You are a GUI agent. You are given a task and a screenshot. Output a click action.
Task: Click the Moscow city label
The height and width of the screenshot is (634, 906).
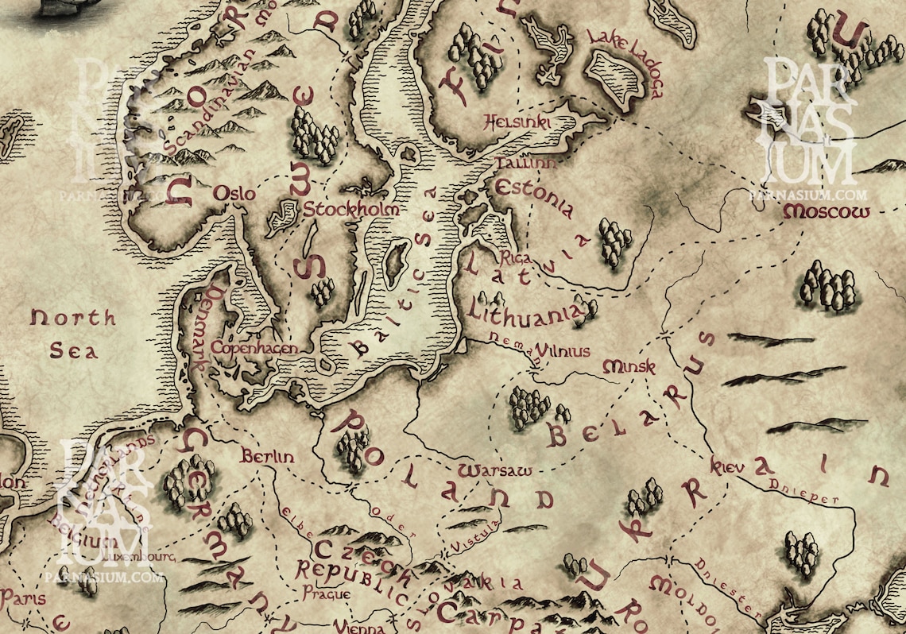point(826,212)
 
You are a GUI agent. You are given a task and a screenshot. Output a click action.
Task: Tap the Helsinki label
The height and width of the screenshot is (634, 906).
point(517,122)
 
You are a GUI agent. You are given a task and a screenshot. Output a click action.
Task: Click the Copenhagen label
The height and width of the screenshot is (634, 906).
point(259,348)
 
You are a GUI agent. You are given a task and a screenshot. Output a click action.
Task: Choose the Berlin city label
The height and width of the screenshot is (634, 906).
point(268,457)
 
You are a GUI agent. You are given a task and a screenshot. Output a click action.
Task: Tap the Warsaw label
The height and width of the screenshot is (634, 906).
point(495,469)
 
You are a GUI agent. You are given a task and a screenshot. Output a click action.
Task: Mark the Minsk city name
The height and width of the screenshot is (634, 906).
point(629,367)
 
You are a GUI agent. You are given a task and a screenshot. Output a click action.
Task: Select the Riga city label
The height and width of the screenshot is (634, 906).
point(517,257)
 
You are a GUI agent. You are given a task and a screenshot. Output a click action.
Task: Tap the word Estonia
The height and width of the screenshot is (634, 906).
point(533,197)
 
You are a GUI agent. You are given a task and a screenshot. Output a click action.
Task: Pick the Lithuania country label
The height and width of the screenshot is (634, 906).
point(532,311)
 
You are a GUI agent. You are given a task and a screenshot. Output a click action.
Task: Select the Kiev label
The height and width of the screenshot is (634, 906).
point(728,466)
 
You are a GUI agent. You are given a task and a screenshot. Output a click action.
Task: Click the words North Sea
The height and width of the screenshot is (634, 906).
point(73,334)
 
